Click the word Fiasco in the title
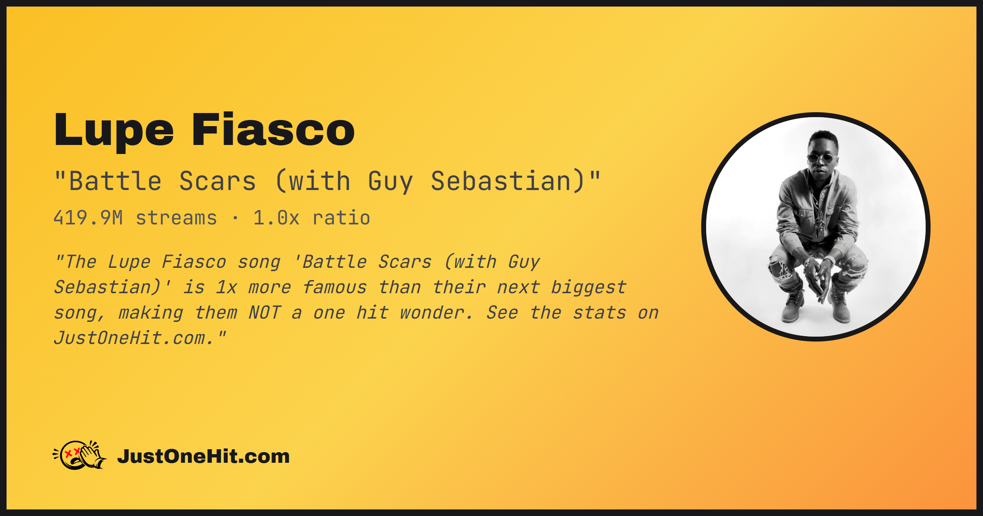pyautogui.click(x=273, y=129)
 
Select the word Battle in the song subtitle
pyautogui.click(x=116, y=181)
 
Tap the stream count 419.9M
pyautogui.click(x=88, y=218)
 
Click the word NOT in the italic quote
pyautogui.click(x=265, y=313)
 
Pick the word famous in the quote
pyautogui.click(x=335, y=287)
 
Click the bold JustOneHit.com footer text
pyautogui.click(x=204, y=456)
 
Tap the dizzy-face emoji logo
pyautogui.click(x=80, y=455)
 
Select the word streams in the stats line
pyautogui.click(x=176, y=218)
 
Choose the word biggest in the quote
pyautogui.click(x=589, y=287)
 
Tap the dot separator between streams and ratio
pyautogui.click(x=235, y=218)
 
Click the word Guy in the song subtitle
pyautogui.click(x=390, y=182)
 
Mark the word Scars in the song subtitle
pyautogui.click(x=217, y=181)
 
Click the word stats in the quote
pyautogui.click(x=599, y=313)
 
